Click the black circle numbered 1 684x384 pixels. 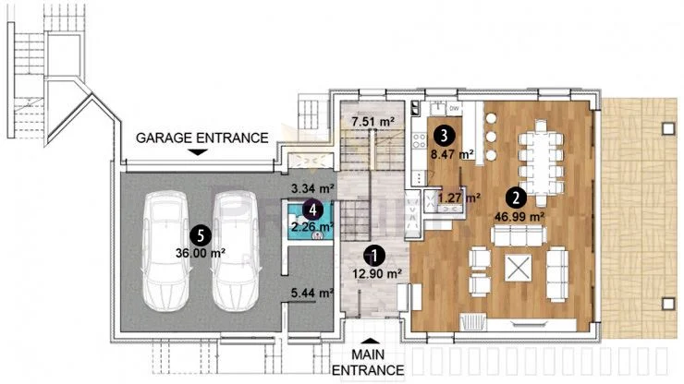(374, 256)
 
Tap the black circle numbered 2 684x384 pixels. (516, 198)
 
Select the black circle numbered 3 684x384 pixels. (444, 136)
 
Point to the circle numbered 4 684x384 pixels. (312, 210)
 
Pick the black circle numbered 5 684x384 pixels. (201, 235)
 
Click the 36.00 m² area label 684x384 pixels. (201, 253)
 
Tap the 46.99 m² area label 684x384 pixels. (519, 217)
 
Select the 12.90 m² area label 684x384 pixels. (377, 274)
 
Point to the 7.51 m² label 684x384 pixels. (373, 122)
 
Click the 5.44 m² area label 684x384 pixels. (311, 294)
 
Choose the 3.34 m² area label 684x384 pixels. (311, 188)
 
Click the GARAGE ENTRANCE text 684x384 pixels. (202, 138)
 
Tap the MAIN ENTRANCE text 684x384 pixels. (368, 362)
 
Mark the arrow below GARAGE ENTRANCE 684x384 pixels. (199, 152)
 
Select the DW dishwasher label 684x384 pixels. (454, 108)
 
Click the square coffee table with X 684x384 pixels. (518, 268)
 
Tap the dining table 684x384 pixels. (541, 162)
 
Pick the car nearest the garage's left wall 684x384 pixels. (165, 251)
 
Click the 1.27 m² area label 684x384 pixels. (458, 198)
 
